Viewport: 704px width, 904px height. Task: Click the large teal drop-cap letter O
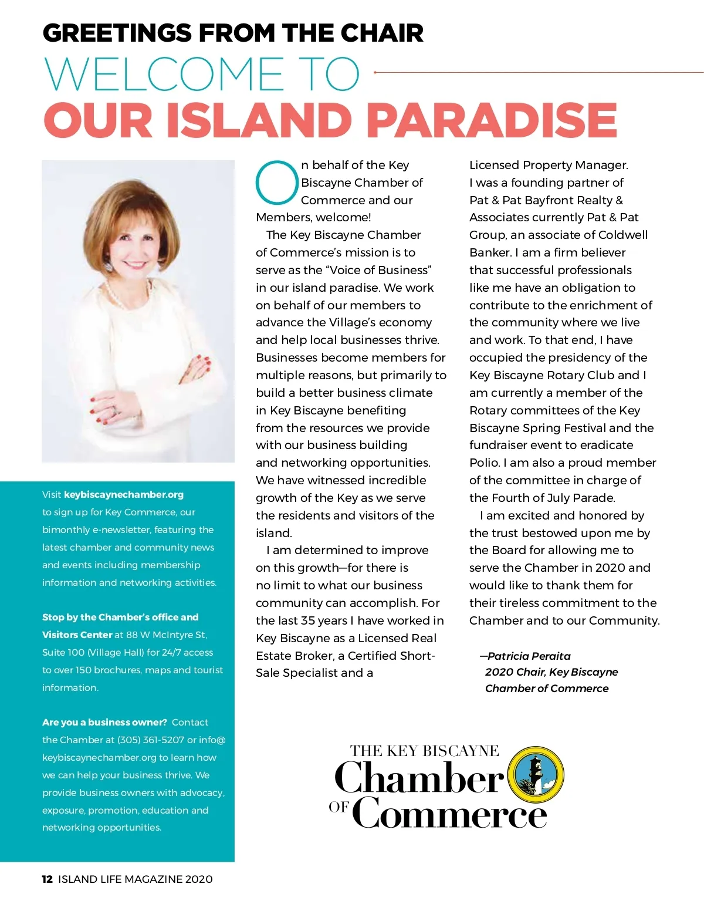click(277, 183)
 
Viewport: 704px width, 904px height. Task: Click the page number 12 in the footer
click(47, 879)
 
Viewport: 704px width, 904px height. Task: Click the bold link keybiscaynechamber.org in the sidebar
click(124, 494)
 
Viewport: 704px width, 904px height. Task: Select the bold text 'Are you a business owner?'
click(104, 722)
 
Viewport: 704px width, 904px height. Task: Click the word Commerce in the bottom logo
click(449, 814)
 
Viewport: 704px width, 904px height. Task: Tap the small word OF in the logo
click(339, 807)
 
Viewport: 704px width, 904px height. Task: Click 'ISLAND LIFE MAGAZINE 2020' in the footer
click(136, 879)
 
